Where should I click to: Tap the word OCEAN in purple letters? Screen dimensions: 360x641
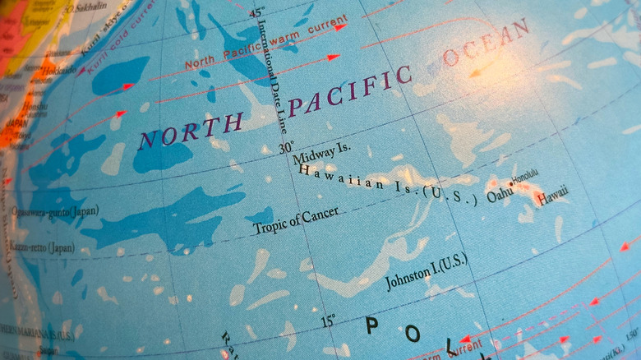[485, 44]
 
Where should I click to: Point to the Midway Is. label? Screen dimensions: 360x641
[321, 152]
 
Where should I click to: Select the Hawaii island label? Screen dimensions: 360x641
[552, 196]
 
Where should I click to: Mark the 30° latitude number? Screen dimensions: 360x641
[285, 148]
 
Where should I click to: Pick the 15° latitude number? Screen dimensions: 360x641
[328, 321]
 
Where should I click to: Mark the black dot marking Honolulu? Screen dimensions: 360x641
[510, 183]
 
